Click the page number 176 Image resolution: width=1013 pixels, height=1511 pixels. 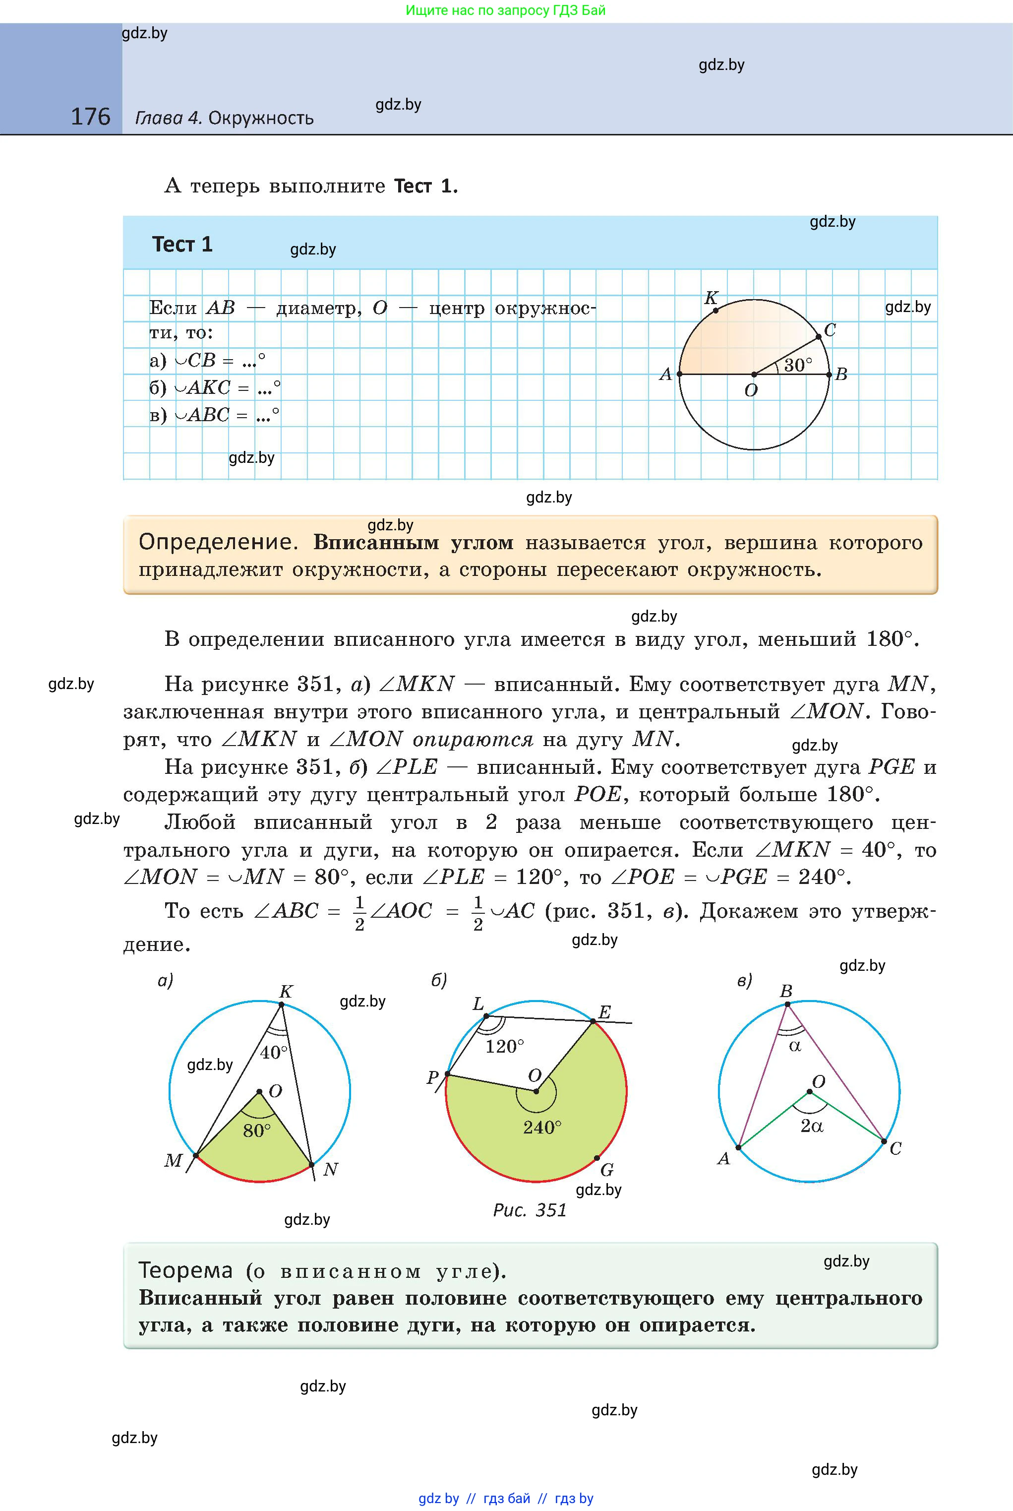point(90,117)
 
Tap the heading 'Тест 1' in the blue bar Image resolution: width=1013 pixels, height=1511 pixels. point(182,244)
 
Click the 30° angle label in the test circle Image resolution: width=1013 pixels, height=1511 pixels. point(798,365)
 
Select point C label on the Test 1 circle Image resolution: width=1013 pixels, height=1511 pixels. point(830,329)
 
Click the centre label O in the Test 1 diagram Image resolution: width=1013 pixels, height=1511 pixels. point(751,390)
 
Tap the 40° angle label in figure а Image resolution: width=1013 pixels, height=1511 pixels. point(273,1052)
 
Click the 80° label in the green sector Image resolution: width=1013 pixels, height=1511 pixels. point(256,1131)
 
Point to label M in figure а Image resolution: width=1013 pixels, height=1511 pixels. point(173,1161)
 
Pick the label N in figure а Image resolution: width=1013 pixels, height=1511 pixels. point(330,1169)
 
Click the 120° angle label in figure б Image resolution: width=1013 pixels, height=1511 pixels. point(505,1046)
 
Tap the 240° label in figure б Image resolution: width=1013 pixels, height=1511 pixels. point(542,1128)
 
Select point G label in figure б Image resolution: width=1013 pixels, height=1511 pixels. point(606,1170)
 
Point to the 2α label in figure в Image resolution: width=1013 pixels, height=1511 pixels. point(811,1126)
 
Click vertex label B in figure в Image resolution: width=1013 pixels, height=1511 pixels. point(786,991)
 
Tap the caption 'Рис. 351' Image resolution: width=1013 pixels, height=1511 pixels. point(530,1210)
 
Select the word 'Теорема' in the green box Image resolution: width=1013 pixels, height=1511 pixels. point(185,1270)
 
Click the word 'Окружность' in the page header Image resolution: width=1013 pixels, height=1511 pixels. point(261,118)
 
